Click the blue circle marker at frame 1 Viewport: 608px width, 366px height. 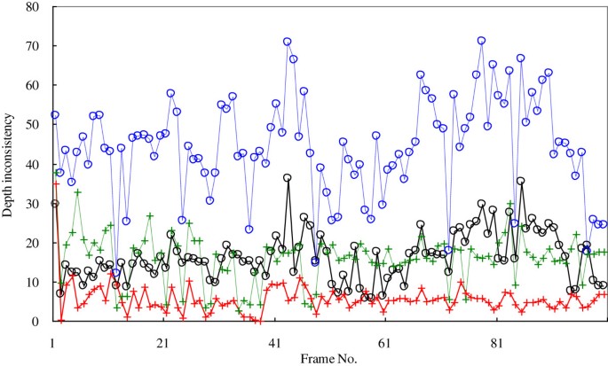[54, 115]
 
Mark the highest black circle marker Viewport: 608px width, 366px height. [288, 178]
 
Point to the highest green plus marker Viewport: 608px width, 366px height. [77, 192]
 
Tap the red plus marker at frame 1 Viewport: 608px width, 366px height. [55, 183]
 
